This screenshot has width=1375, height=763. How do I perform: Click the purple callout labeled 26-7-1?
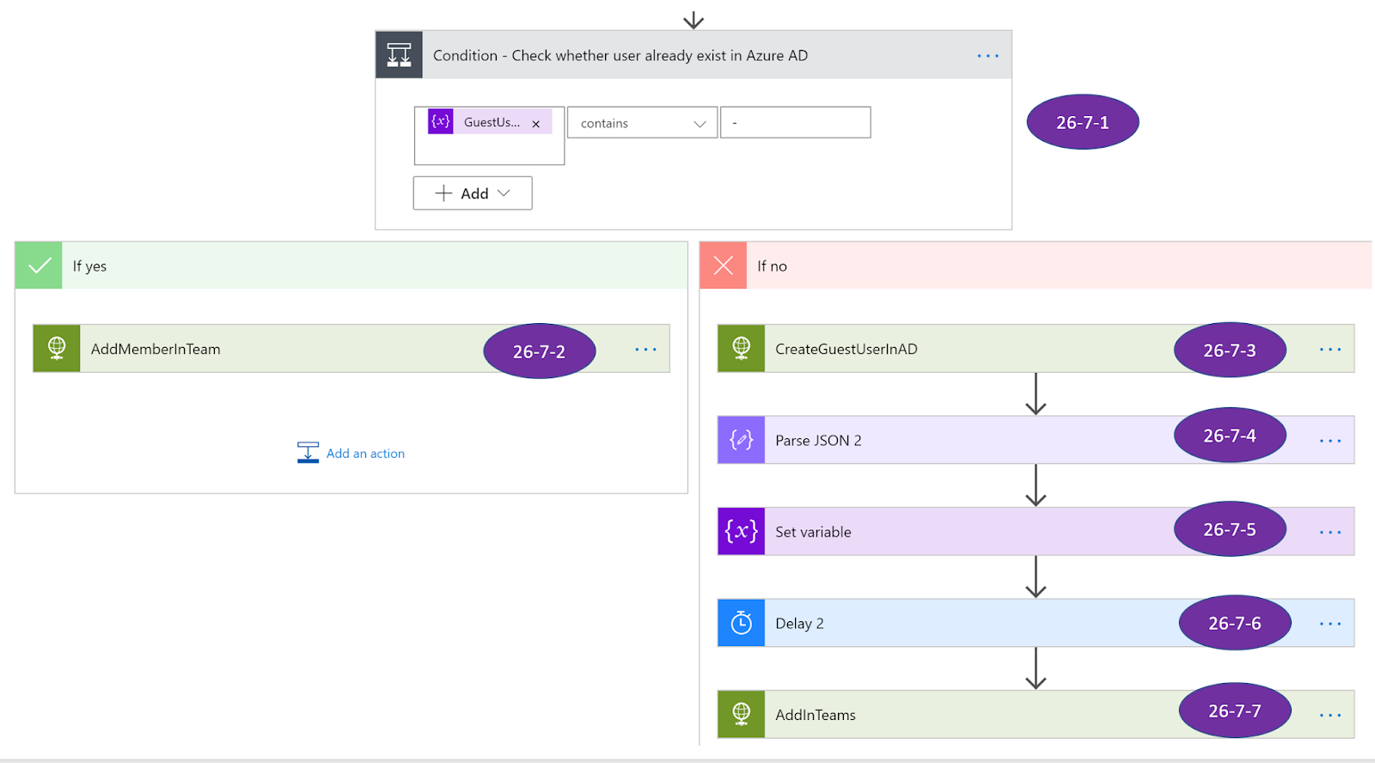pos(1082,122)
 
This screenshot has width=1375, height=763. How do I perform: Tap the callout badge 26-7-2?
pos(539,351)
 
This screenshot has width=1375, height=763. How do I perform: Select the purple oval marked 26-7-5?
pos(1229,529)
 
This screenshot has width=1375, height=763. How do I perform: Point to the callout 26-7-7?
pos(1234,711)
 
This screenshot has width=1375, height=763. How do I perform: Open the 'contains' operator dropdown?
pos(642,123)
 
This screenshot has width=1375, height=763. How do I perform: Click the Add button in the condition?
pos(473,193)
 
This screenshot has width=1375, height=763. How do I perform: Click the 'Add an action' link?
pos(364,453)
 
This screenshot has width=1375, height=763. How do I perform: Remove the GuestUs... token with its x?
pos(536,124)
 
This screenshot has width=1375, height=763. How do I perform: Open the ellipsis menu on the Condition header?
pos(987,56)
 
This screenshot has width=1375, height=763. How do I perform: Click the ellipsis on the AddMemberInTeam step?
pos(645,349)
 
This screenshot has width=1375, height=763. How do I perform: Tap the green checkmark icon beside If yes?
pos(39,266)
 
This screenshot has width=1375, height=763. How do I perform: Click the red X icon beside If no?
pos(724,266)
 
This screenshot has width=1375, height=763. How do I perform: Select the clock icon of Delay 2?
pos(741,623)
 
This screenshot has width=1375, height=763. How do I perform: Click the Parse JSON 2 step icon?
pos(741,440)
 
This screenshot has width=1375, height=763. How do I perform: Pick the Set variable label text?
pos(813,532)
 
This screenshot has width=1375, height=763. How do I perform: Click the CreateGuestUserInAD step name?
pos(846,349)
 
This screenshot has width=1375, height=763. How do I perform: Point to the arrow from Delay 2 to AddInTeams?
pos(1036,668)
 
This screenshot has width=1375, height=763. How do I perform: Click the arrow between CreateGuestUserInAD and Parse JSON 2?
pos(1036,394)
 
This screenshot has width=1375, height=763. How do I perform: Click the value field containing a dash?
pos(795,123)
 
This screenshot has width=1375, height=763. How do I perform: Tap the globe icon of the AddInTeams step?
pos(741,714)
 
